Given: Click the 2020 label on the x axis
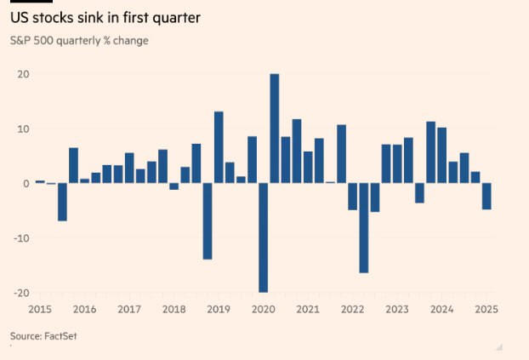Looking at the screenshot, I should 263,310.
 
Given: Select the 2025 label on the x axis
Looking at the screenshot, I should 486,310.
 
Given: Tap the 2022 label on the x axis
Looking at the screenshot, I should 352,310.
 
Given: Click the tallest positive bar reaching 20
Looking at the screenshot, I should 275,129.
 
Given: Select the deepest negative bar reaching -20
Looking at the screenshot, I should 264,237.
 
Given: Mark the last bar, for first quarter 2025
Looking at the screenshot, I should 486,197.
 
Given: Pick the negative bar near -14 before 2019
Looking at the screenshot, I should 208,221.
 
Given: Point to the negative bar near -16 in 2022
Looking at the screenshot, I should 363,228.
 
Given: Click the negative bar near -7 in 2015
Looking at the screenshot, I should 62,202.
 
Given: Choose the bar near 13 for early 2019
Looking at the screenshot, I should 219,147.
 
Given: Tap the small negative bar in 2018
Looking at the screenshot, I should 174,186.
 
